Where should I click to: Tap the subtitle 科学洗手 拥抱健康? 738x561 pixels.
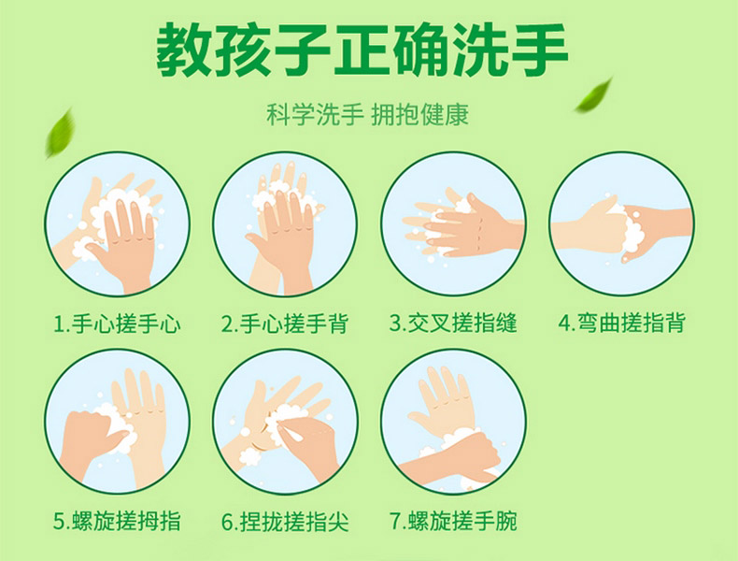367,114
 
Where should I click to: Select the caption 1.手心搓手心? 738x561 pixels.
117,324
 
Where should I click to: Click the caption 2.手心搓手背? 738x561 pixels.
285,324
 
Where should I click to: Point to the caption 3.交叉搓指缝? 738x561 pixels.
453,324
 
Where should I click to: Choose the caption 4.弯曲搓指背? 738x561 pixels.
621,324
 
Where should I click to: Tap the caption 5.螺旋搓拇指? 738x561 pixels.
117,521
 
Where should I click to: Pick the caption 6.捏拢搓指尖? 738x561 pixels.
285,521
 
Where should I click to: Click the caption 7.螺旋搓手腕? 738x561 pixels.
453,521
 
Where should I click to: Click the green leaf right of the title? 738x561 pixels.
593,96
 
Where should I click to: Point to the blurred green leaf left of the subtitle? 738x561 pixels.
60,133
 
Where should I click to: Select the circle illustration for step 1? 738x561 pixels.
117,223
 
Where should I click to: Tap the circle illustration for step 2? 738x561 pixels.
285,223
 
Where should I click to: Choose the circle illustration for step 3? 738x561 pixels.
453,223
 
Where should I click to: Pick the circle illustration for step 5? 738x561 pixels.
117,422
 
